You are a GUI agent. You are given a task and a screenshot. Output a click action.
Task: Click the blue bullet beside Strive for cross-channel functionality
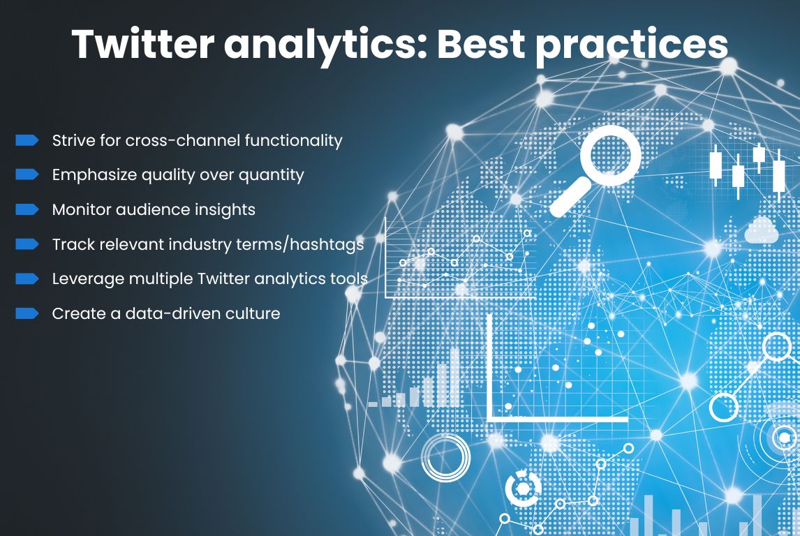(27, 140)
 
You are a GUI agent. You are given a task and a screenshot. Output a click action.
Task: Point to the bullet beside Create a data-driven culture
(27, 313)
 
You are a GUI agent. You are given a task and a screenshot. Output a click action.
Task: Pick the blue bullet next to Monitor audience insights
(27, 209)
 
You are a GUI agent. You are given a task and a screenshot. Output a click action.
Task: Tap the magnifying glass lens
(610, 156)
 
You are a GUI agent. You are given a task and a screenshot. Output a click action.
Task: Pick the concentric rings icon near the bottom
(445, 458)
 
